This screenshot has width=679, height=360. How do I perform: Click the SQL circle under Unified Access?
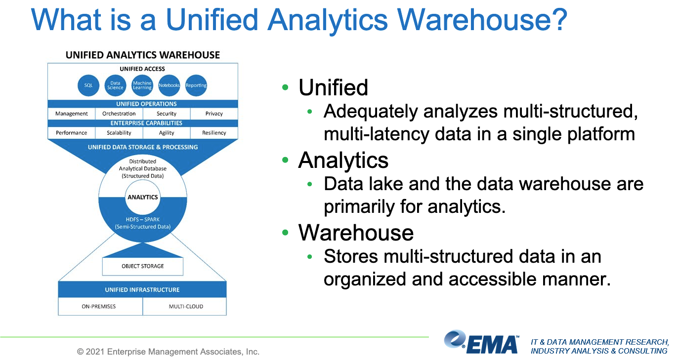pyautogui.click(x=88, y=85)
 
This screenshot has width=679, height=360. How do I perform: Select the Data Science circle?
pyautogui.click(x=115, y=85)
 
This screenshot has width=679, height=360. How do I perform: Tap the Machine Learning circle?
pyautogui.click(x=142, y=85)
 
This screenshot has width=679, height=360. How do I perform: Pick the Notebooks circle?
pyautogui.click(x=169, y=85)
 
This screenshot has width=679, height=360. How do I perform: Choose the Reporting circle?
pyautogui.click(x=196, y=85)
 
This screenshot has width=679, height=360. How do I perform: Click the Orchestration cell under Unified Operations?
pyautogui.click(x=119, y=114)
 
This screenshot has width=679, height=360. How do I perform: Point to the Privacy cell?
pyautogui.click(x=214, y=114)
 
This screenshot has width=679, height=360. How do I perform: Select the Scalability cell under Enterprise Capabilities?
pyautogui.click(x=119, y=133)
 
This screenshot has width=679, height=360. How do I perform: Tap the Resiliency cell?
pyautogui.click(x=214, y=133)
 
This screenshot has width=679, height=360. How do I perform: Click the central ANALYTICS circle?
pyautogui.click(x=142, y=197)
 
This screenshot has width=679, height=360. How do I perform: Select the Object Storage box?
pyautogui.click(x=143, y=266)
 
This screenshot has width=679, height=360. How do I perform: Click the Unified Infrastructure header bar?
pyautogui.click(x=142, y=289)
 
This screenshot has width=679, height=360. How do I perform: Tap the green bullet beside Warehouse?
pyautogui.click(x=285, y=233)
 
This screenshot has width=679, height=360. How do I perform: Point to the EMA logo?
pyautogui.click(x=481, y=342)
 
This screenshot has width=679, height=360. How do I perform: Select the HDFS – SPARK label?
pyautogui.click(x=142, y=219)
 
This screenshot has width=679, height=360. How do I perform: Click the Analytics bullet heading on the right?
pyautogui.click(x=343, y=160)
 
